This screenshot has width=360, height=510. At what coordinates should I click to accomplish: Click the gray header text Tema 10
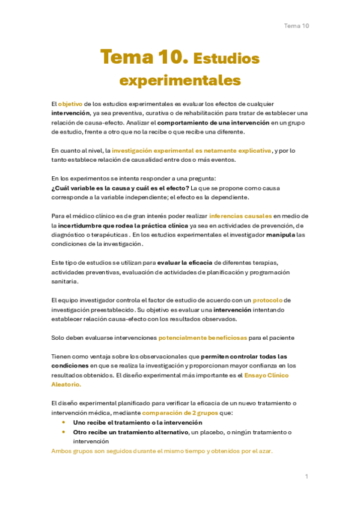tap(296, 26)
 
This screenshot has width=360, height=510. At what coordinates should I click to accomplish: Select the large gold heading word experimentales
tap(180, 81)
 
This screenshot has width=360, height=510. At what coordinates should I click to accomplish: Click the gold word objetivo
tap(70, 104)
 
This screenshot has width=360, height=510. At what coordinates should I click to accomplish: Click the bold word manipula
tap(281, 235)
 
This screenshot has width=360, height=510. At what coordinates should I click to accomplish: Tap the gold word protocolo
tap(267, 300)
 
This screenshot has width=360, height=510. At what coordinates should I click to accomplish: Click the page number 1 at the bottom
tap(307, 476)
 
